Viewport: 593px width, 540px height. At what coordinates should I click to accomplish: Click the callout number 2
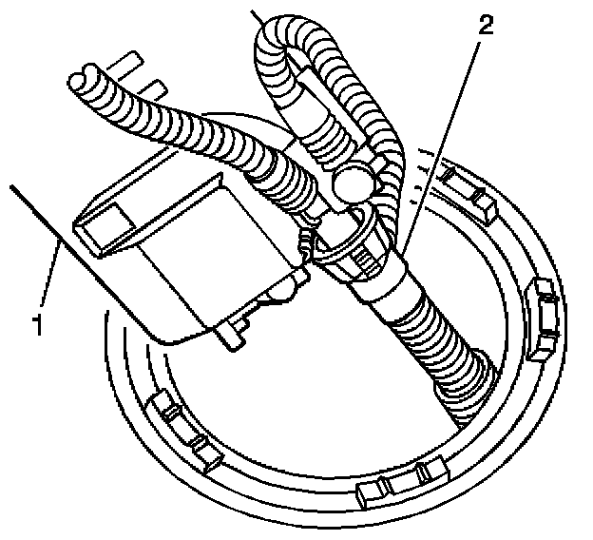click(486, 26)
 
